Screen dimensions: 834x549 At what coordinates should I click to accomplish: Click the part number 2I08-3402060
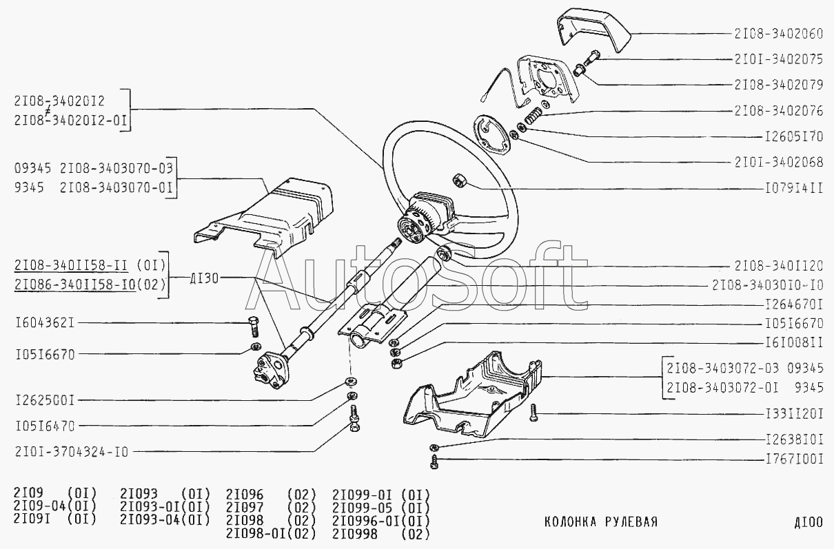pos(779,34)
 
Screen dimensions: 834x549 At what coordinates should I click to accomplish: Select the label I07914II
pos(794,189)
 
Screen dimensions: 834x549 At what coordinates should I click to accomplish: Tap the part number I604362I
pos(45,322)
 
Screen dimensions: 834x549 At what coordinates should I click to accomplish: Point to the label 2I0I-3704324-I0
pos(72,452)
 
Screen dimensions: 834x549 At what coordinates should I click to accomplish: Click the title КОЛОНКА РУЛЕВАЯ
pos(601,522)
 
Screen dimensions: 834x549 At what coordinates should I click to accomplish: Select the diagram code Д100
pos(808,522)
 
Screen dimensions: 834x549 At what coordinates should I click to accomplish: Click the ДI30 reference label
pos(204,278)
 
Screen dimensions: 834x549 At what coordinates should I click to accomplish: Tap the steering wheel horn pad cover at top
pos(594,30)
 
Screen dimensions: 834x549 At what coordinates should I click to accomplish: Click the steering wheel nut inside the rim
pos(458,181)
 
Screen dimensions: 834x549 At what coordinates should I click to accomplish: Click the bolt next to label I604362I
pos(254,327)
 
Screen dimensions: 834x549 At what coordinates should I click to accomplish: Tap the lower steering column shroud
pos(472,394)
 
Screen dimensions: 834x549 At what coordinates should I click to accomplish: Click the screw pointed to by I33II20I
pos(533,413)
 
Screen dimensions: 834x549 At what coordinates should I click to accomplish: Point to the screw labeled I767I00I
pos(434,462)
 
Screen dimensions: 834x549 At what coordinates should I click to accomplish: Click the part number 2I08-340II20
pos(779,266)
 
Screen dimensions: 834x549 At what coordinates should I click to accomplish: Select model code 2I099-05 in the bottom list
pos(362,508)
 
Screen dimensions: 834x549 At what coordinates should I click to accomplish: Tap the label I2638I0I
pos(794,440)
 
